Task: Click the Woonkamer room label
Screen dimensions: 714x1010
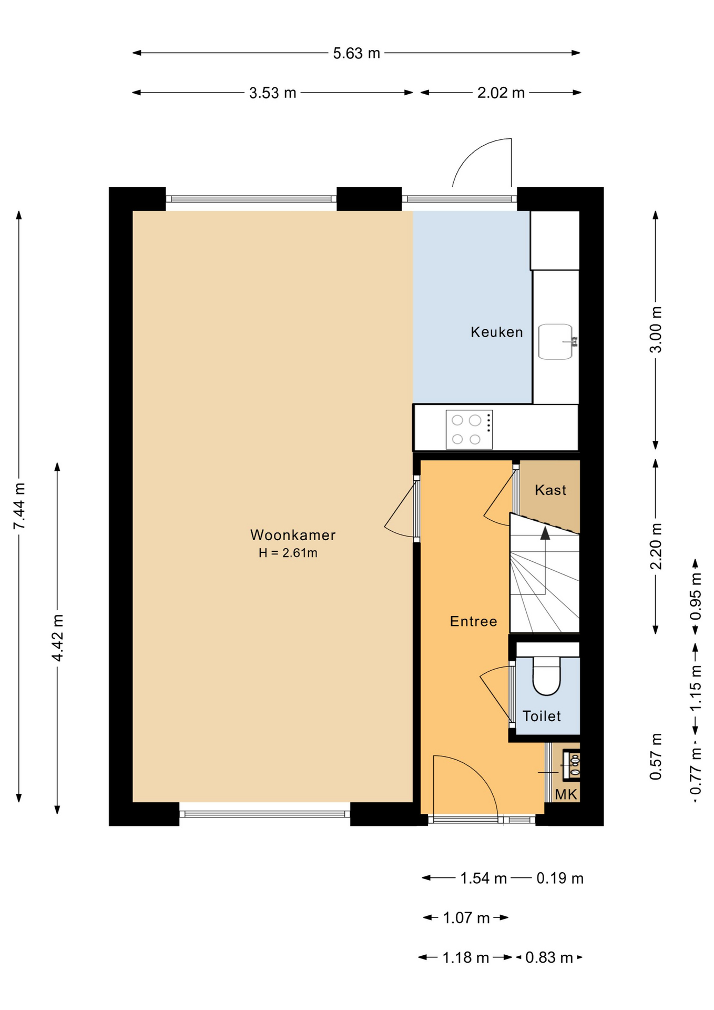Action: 293,535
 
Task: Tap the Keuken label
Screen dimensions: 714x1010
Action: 497,332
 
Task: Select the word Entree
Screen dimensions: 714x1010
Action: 474,621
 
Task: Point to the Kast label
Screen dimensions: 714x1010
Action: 550,490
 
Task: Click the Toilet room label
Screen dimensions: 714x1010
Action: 542,716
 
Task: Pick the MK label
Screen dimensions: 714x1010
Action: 566,794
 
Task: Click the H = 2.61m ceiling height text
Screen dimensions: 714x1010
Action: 288,553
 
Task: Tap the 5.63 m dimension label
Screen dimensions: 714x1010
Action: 356,53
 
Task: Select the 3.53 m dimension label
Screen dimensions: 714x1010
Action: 272,93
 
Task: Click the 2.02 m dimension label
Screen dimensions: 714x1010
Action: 501,93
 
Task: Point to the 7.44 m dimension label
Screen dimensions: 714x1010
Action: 19,506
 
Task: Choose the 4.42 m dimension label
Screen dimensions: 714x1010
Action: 58,638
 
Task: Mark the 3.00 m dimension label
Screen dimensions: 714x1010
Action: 656,330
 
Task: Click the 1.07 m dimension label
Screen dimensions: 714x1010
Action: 466,918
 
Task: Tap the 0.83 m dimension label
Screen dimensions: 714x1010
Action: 549,957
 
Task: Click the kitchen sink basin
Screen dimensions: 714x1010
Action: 556,342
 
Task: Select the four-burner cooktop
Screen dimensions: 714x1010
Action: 469,430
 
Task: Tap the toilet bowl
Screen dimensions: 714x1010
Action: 547,676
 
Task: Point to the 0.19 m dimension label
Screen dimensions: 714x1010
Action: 560,878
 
